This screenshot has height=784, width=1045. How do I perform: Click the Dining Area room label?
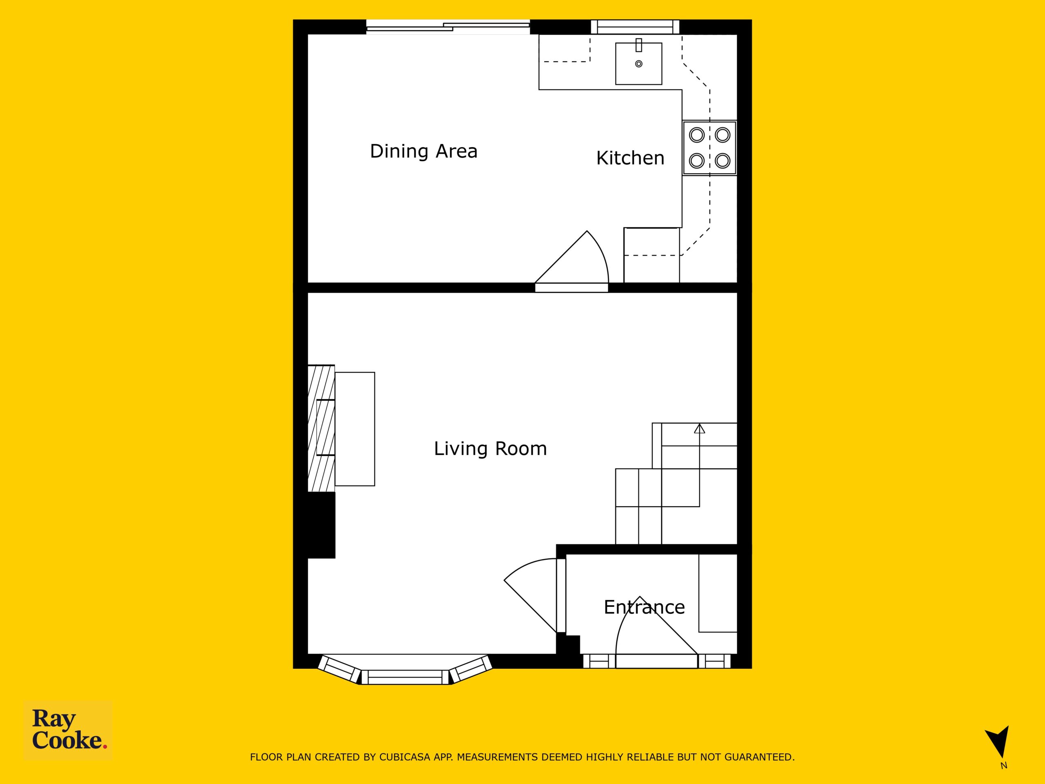click(423, 151)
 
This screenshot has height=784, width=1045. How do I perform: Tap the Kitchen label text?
click(630, 158)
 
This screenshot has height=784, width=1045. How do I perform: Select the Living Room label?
click(490, 448)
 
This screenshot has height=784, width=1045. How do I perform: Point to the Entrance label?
click(645, 607)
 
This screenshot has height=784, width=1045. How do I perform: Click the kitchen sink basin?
click(639, 64)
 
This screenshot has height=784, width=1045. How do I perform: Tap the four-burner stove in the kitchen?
click(709, 148)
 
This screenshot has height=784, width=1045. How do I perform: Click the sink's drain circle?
click(639, 64)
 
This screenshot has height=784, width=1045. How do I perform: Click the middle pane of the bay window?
click(405, 677)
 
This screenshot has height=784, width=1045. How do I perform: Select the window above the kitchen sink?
click(636, 27)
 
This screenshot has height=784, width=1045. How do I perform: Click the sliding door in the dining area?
click(448, 27)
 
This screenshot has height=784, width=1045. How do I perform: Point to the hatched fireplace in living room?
click(321, 428)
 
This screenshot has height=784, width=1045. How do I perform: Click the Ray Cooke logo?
click(68, 730)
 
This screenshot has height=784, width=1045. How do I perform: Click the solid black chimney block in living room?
click(321, 525)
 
